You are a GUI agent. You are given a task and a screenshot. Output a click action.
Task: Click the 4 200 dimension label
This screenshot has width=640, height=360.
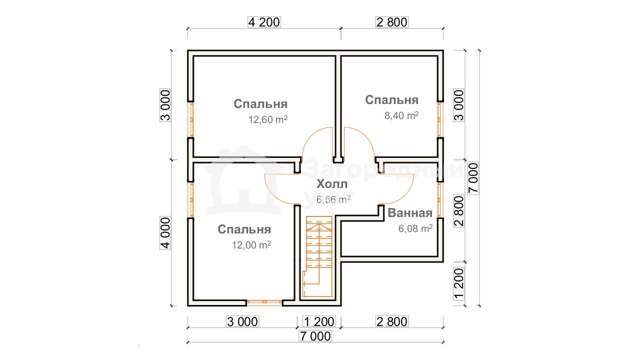264,22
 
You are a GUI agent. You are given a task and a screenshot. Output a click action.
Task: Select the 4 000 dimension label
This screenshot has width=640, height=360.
165,233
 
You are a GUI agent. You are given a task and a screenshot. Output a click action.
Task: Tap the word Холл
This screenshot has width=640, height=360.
332,184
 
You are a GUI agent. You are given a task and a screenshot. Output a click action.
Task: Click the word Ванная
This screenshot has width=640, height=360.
410,213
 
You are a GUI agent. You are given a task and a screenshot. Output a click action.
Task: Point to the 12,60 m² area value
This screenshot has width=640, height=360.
267,119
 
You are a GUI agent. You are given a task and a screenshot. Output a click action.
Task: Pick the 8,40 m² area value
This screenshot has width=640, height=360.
401,115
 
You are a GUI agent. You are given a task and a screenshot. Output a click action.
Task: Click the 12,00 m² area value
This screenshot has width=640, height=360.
251,245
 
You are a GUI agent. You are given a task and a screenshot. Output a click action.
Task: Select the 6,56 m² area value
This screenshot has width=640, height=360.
333,199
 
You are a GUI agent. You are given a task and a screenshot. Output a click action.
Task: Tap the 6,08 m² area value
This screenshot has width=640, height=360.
415,228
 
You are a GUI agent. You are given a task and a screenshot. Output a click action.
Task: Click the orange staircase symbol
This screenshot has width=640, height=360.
317,256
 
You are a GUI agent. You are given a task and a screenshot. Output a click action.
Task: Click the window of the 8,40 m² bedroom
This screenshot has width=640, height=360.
439,119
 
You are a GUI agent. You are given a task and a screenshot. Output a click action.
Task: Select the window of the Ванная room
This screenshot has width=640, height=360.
439,200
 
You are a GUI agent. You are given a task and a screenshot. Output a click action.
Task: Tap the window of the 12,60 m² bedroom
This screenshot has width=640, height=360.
191,119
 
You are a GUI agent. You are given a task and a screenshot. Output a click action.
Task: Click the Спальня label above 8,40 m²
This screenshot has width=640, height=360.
391,100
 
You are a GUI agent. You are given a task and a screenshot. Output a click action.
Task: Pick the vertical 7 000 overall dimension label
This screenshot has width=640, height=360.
473,178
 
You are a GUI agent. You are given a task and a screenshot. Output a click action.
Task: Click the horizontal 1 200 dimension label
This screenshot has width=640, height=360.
319,321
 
